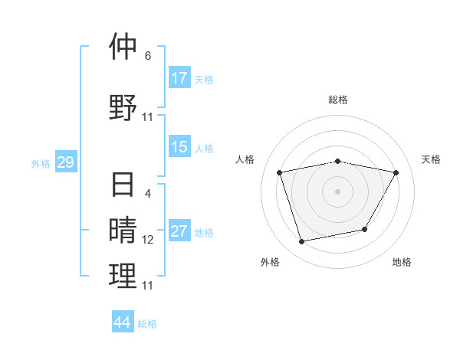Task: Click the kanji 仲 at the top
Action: tap(123, 47)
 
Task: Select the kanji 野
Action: tap(123, 106)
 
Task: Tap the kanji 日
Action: tap(123, 186)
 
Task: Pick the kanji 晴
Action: tap(123, 230)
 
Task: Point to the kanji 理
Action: tap(123, 276)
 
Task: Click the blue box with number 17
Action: tap(179, 78)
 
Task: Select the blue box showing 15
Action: tap(179, 147)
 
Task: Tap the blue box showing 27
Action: tap(179, 232)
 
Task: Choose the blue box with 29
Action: tap(65, 162)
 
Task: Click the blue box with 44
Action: tap(123, 322)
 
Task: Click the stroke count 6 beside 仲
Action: tap(148, 56)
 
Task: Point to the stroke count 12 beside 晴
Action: tap(148, 240)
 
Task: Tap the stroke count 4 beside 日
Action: tap(148, 194)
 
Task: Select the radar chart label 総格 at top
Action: tap(337, 100)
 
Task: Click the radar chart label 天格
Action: tap(431, 159)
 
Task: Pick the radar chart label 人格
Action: tap(245, 159)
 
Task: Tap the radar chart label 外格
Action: tap(270, 262)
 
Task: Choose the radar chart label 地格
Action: tap(402, 262)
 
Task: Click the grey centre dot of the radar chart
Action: tap(337, 191)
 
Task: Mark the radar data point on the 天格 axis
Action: tap(396, 172)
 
